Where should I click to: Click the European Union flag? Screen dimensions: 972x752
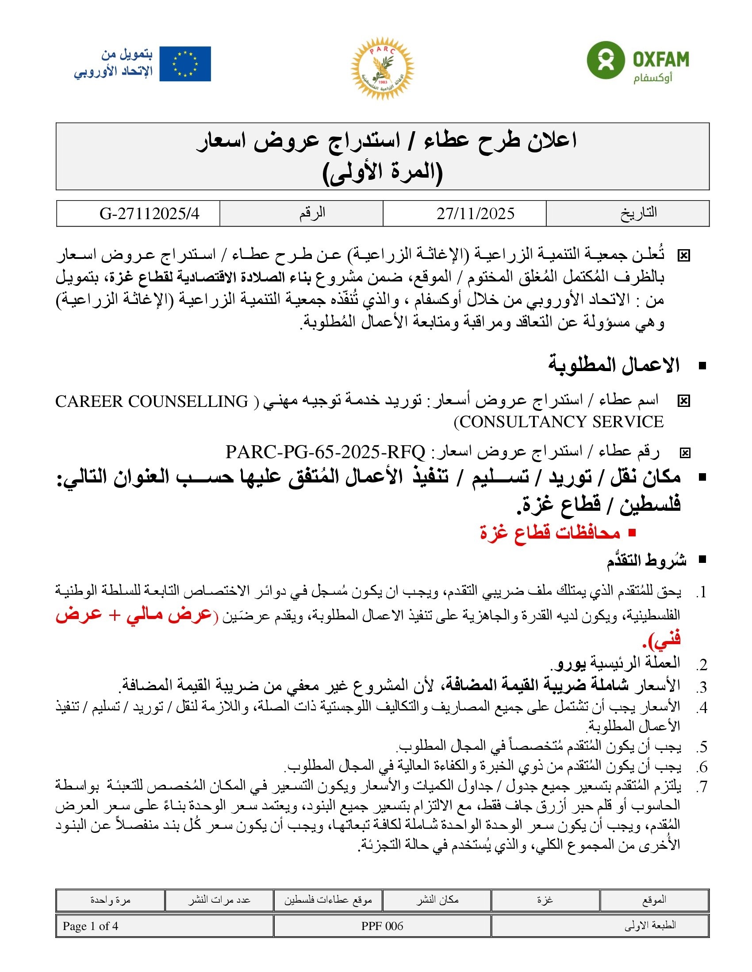click(185, 64)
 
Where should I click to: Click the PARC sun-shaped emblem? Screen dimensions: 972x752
click(382, 68)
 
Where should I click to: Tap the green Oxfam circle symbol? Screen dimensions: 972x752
click(605, 60)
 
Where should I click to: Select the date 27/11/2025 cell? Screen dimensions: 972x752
click(476, 214)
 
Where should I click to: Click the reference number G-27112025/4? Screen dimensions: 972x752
click(149, 214)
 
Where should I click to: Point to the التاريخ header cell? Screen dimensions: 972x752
click(638, 213)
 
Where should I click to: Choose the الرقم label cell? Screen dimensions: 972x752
click(312, 213)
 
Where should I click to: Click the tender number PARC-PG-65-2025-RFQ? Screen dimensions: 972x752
click(325, 452)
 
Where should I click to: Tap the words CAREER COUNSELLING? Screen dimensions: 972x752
click(151, 402)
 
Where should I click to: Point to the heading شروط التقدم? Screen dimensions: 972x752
click(646, 560)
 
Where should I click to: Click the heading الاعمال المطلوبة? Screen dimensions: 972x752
click(614, 365)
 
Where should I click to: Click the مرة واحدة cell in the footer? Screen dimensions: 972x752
click(110, 900)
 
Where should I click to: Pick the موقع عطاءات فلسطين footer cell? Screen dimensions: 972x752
click(328, 900)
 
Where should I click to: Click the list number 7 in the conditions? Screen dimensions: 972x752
click(702, 787)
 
